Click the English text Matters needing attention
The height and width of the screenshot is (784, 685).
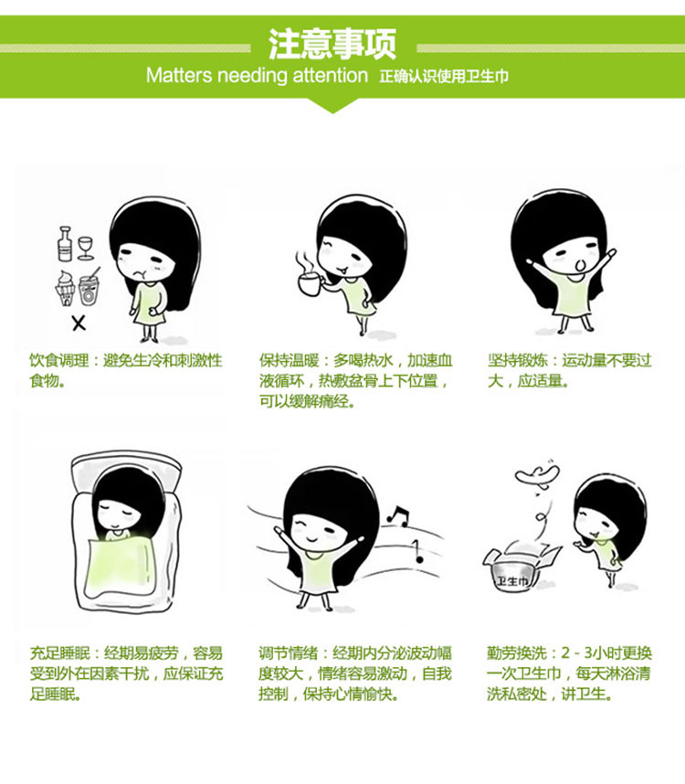(x=257, y=76)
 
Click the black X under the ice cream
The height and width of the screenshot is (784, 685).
(x=79, y=322)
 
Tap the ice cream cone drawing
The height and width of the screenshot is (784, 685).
(x=66, y=288)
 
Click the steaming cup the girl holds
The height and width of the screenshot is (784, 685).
(x=311, y=281)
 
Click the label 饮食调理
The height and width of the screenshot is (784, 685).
(x=55, y=361)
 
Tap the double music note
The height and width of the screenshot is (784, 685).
(x=397, y=515)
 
